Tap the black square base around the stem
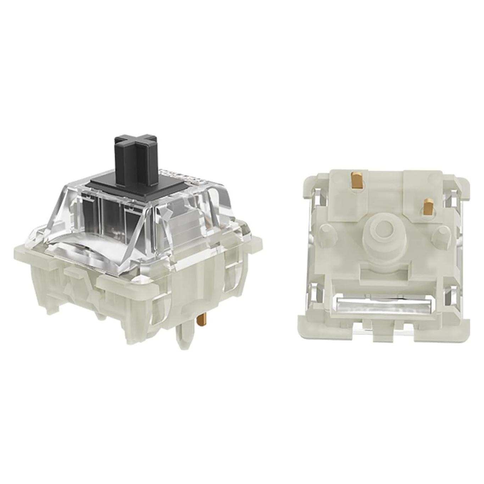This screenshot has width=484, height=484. pyautogui.click(x=106, y=185)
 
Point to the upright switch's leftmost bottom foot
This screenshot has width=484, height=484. pyautogui.click(x=52, y=305)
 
